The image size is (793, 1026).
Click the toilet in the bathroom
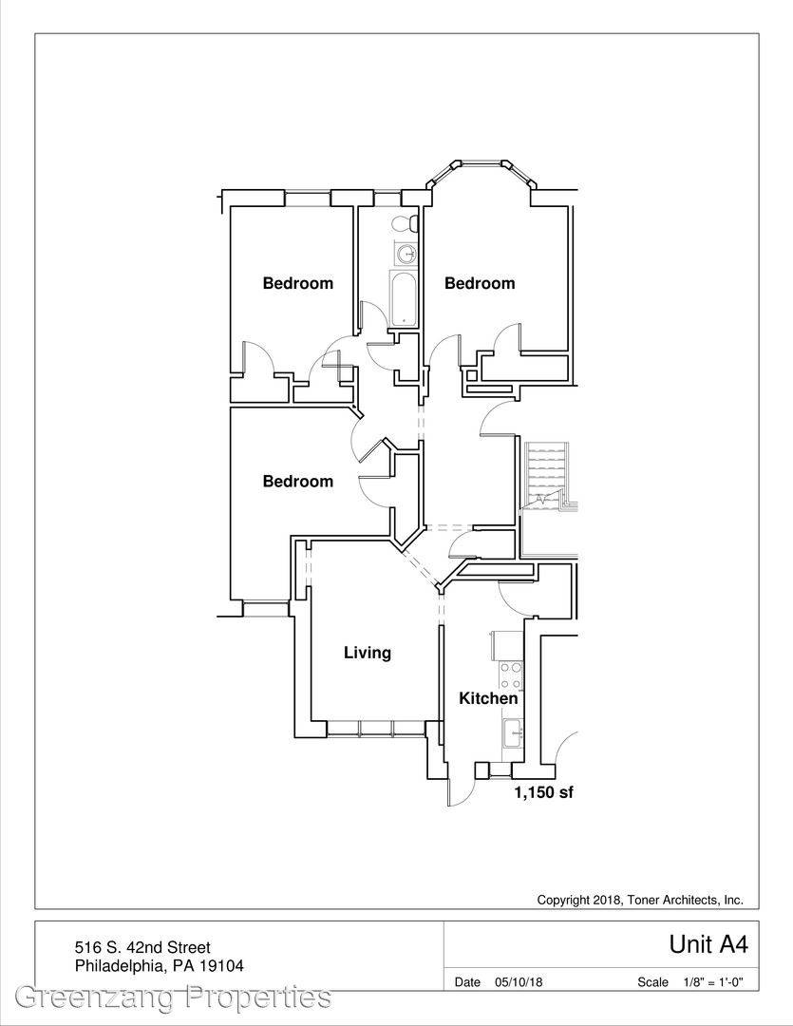pos(405,224)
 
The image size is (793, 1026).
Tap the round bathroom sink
pos(406,253)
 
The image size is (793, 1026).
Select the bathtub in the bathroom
pos(403,298)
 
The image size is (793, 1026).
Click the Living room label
pos(367,653)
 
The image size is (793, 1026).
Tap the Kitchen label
pos(488,698)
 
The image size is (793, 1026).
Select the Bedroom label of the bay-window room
pos(480,283)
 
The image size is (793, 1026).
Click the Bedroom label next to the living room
pos(297,482)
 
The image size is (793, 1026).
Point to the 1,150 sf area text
pos(543,792)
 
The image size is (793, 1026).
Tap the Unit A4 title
pos(708,944)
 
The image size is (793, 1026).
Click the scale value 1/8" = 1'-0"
pos(713,982)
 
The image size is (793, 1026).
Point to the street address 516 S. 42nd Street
pos(142,947)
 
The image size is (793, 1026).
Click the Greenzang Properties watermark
pos(173,997)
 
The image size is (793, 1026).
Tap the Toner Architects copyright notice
pos(640,901)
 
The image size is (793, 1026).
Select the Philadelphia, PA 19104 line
pos(159,966)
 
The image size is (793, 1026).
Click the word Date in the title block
pos(467,982)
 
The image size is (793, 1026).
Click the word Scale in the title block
pos(653,982)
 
